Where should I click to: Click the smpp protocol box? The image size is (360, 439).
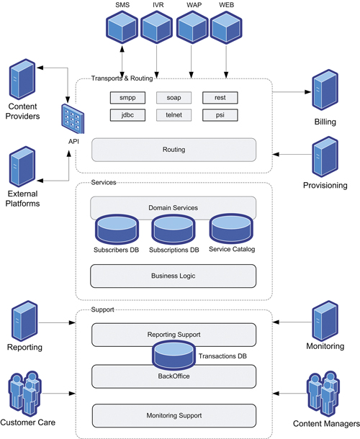(127, 98)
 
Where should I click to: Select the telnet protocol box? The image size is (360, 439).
(174, 115)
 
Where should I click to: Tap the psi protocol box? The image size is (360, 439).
(220, 115)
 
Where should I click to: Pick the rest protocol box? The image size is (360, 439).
(220, 98)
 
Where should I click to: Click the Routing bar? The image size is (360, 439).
(174, 150)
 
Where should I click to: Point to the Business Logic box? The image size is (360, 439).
(173, 276)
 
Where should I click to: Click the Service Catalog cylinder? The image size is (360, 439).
(231, 229)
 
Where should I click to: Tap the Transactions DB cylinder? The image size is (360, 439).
(174, 356)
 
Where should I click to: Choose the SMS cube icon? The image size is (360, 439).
(122, 27)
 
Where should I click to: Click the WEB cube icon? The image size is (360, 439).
(226, 27)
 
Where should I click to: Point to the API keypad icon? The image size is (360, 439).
(73, 119)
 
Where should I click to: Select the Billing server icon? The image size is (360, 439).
(325, 90)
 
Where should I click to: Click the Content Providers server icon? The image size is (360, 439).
(22, 79)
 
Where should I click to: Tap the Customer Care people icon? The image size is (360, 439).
(25, 394)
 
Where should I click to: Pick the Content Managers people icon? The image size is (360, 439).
(323, 394)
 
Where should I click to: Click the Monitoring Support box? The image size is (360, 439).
(174, 416)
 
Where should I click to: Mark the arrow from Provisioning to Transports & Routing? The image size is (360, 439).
(292, 154)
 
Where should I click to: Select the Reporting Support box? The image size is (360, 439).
(174, 335)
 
